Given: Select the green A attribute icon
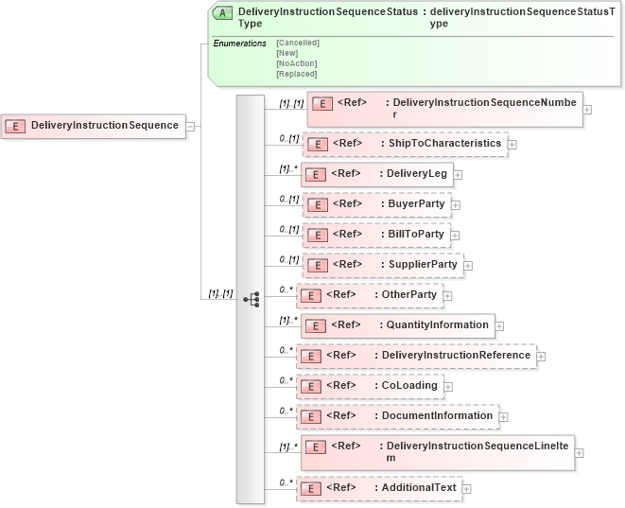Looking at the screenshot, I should click(x=222, y=13).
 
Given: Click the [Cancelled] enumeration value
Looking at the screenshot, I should click(x=297, y=43).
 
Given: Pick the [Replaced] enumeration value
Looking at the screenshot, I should click(x=296, y=74).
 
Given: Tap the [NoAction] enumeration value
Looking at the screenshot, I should click(x=297, y=63).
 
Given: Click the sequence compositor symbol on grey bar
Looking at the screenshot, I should click(x=251, y=299).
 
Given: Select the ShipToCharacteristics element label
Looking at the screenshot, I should click(x=444, y=144).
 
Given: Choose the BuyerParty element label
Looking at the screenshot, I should click(x=416, y=204).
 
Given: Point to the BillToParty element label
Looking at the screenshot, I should click(x=416, y=235).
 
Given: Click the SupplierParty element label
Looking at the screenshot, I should click(x=423, y=265).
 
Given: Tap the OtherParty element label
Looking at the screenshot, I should click(x=408, y=295).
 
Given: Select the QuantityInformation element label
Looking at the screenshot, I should click(x=438, y=325).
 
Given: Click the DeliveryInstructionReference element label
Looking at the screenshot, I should click(x=456, y=356).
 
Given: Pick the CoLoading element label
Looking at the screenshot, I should click(x=408, y=386).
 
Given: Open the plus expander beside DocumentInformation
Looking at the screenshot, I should click(x=504, y=416).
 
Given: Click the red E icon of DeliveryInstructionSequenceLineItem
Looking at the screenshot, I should click(x=316, y=447).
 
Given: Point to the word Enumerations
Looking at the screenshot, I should click(x=239, y=44).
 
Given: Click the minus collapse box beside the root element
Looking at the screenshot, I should click(x=190, y=126).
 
